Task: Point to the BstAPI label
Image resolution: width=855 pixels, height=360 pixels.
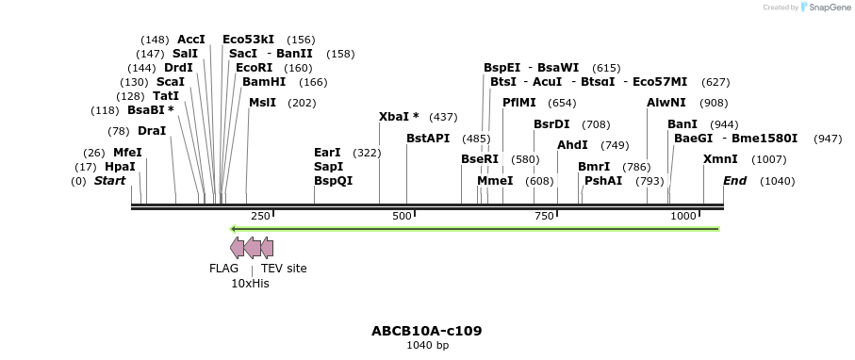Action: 428,139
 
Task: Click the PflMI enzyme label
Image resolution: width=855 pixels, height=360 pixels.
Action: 519,103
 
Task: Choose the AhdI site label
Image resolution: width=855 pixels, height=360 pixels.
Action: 572,145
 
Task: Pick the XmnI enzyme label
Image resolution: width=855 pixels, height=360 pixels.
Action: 720,159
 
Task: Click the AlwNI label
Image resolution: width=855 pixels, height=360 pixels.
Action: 666,103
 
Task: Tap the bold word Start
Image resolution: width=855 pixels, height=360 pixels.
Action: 109,181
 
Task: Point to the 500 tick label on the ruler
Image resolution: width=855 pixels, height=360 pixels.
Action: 403,217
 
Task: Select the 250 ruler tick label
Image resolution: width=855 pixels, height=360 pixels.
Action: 260,217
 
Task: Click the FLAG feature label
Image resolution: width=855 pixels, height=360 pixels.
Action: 223,269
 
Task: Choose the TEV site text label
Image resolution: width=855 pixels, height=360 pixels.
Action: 284,269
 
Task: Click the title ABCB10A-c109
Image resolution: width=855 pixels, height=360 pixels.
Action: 427,331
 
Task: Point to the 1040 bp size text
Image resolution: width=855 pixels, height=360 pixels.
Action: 427,346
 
